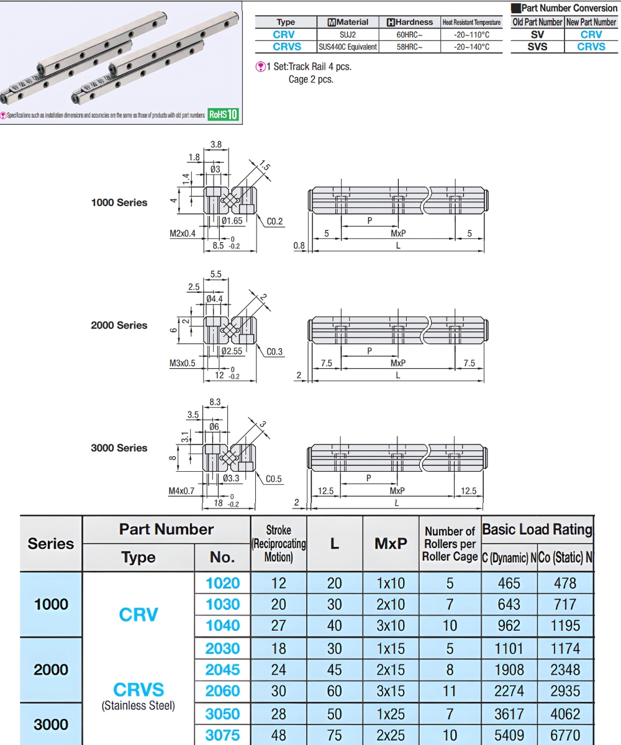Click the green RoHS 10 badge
pos(223,114)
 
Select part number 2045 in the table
pos(222,670)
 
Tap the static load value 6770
pos(564,735)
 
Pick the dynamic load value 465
pos(508,583)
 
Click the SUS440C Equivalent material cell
pos(348,47)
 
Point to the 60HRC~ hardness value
pos(409,35)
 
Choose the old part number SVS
pos(537,47)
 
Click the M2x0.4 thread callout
pos(182,233)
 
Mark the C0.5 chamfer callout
pos(274,479)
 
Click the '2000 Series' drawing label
pos(119,325)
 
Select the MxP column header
pos(391,543)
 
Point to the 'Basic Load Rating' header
pos(537,530)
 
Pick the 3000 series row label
pos(51,724)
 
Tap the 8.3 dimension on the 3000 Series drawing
pos(215,402)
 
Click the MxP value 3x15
pos(391,691)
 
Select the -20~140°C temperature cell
pos(471,47)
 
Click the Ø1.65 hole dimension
pos(232,220)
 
